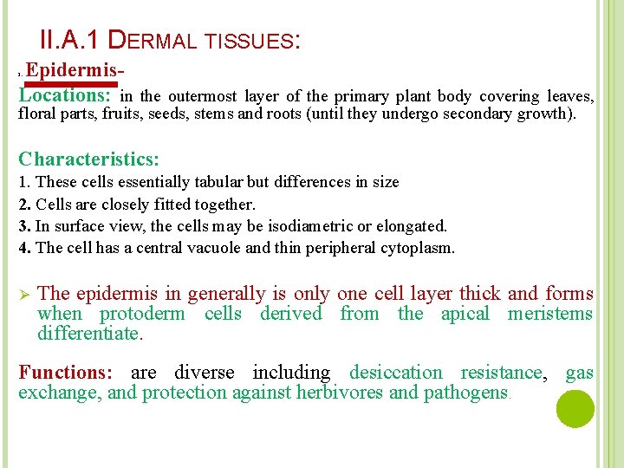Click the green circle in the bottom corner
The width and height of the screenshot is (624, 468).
point(575,409)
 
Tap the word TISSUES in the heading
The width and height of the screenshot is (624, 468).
point(257,41)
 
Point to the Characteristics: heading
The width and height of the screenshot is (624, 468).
point(88,159)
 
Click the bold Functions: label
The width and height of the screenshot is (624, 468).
point(66,373)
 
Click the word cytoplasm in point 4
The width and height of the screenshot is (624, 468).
point(419,248)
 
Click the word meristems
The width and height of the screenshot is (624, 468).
point(550,314)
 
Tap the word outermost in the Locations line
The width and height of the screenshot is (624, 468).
point(201,96)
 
